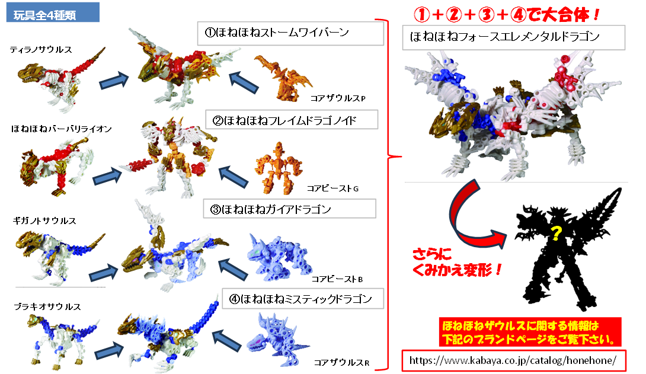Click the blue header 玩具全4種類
tap(53, 12)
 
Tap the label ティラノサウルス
tap(41, 50)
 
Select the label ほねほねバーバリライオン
tap(62, 129)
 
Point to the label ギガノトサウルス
tap(44, 220)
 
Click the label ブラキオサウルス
tap(47, 306)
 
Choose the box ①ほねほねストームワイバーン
tap(290, 33)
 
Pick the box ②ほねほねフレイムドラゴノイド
tap(292, 120)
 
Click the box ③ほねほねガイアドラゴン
tap(290, 209)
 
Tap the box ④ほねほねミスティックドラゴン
tap(303, 299)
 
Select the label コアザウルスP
tap(338, 98)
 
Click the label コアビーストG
tap(332, 188)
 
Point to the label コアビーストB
tap(337, 279)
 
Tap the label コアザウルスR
tap(341, 363)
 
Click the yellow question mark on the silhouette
tap(556, 234)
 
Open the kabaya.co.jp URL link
tap(514, 360)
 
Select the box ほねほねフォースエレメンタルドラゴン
tap(513, 37)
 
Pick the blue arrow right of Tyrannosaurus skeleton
tap(114, 80)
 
